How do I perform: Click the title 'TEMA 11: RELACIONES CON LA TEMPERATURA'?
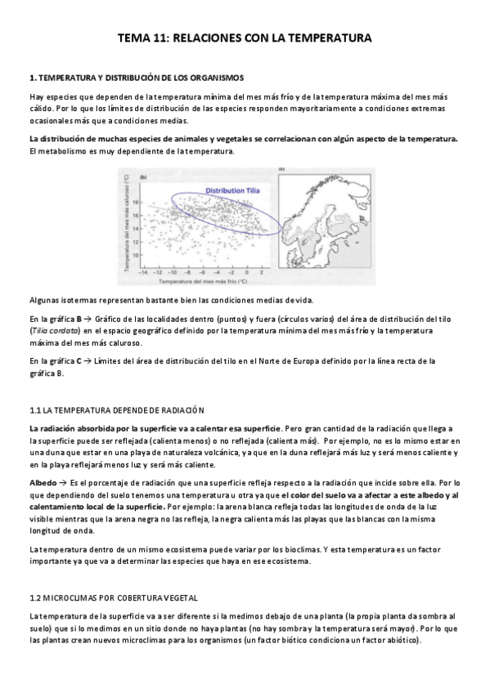pyautogui.click(x=245, y=38)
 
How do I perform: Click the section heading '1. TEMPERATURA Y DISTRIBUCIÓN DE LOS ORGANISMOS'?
pyautogui.click(x=136, y=78)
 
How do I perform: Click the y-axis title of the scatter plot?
pyautogui.click(x=128, y=223)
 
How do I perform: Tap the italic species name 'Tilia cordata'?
pyautogui.click(x=51, y=330)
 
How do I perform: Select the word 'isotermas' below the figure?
pyautogui.click(x=74, y=299)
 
